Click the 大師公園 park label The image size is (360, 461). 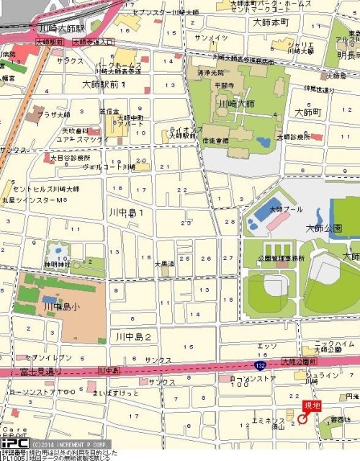pyautogui.click(x=323, y=228)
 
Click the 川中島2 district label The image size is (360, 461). pyautogui.click(x=133, y=336)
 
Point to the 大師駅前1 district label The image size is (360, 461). pyautogui.click(x=104, y=85)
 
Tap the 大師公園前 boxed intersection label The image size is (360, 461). pyautogui.click(x=298, y=360)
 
